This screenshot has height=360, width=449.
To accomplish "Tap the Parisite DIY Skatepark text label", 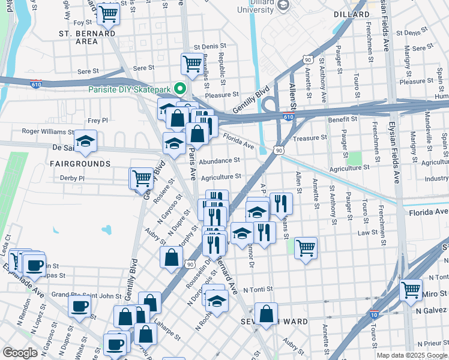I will tap(129, 89).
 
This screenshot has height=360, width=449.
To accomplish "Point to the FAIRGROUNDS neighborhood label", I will tap(80, 163).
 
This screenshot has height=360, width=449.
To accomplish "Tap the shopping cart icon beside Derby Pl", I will tap(142, 178).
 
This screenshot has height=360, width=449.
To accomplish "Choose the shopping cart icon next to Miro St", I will tap(411, 290).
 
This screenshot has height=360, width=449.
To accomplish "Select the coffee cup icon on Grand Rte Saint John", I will tap(79, 306).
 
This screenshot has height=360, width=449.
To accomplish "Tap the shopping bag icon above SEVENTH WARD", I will tap(266, 313).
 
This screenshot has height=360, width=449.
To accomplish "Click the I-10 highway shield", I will tap(374, 314).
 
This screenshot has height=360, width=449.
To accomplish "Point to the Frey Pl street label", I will tap(97, 121).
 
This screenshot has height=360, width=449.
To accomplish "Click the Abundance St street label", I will tap(220, 161).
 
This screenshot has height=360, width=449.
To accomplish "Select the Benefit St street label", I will tap(343, 119).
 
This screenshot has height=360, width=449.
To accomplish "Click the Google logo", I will tap(20, 353).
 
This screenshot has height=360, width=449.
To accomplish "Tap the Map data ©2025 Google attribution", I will tap(411, 355).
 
